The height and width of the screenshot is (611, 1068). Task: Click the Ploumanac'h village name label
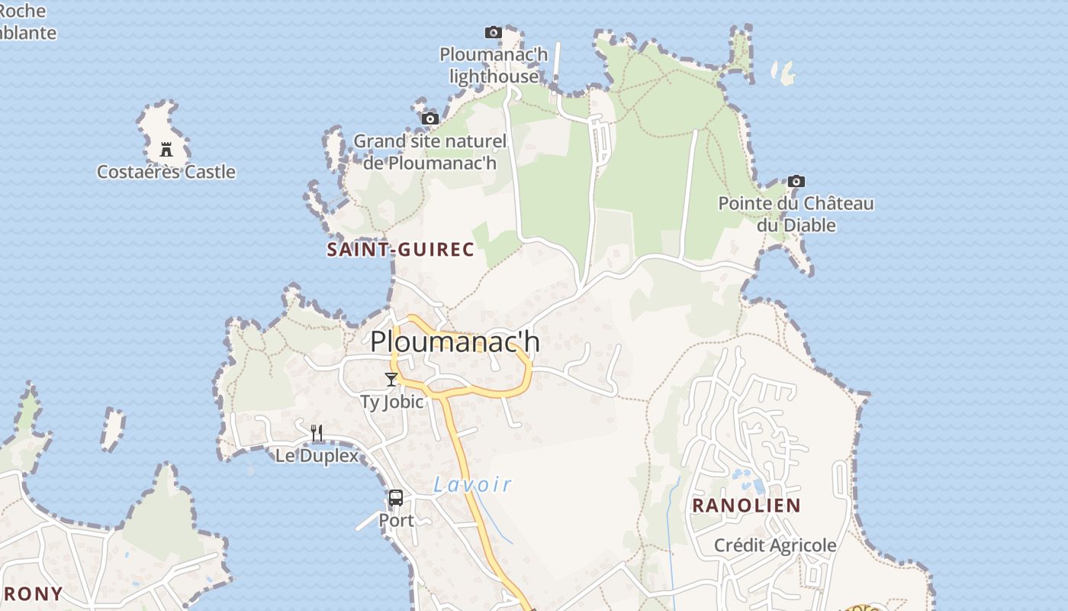(x=455, y=341)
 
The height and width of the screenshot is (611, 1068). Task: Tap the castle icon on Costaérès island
(x=166, y=149)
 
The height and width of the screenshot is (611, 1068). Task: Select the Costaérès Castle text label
(x=166, y=172)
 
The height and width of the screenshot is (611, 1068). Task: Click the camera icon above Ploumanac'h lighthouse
(x=494, y=32)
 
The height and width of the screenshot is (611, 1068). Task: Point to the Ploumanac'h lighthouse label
(x=494, y=66)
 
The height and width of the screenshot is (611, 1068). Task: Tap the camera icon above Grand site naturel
(x=430, y=118)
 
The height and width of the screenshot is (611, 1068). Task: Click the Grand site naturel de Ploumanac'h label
(x=429, y=152)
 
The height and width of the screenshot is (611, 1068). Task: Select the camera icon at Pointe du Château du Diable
(x=796, y=181)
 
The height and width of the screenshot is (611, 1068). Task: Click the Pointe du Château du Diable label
(x=796, y=215)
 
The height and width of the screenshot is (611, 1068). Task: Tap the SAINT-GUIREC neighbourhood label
(x=400, y=250)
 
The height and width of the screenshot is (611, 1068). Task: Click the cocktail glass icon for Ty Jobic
(x=391, y=380)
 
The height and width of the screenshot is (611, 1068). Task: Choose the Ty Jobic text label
(x=391, y=402)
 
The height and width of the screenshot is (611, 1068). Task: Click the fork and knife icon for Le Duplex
(x=317, y=433)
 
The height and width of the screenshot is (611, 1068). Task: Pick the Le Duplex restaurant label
(x=317, y=456)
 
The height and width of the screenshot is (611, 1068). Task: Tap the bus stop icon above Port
(x=396, y=498)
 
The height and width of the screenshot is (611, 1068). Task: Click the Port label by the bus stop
(x=396, y=521)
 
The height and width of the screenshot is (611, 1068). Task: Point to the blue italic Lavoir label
(x=472, y=484)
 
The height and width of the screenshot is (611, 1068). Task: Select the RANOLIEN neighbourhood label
(x=746, y=506)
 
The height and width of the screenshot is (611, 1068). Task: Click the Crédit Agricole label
(x=775, y=545)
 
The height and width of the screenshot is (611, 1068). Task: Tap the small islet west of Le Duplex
(x=112, y=428)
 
